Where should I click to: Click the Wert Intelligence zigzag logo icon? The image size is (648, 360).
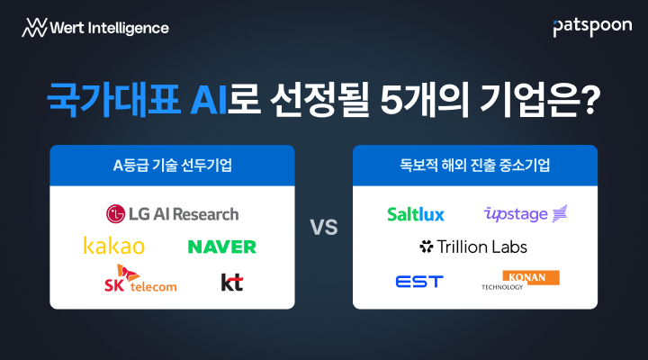tap(35, 28)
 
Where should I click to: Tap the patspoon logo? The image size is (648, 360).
tap(592, 27)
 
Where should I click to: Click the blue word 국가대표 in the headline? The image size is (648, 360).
tap(113, 99)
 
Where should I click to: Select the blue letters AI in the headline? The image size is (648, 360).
tap(208, 100)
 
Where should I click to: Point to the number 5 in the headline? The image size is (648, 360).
tap(391, 100)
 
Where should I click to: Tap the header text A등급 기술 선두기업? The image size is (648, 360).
tap(172, 166)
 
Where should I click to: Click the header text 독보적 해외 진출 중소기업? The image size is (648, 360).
tap(475, 166)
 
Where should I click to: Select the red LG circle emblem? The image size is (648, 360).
tap(115, 214)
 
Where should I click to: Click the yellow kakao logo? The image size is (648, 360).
tap(114, 246)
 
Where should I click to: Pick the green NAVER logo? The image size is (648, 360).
tap(222, 247)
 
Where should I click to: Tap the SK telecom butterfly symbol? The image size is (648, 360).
tap(127, 273)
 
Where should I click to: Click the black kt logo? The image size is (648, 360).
tap(232, 283)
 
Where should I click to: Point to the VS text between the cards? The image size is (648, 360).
tap(324, 228)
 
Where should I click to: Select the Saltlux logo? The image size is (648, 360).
tap(416, 214)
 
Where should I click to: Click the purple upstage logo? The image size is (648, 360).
tap(526, 214)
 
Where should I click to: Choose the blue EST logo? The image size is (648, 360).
tap(419, 282)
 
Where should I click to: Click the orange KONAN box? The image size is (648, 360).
tap(531, 277)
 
